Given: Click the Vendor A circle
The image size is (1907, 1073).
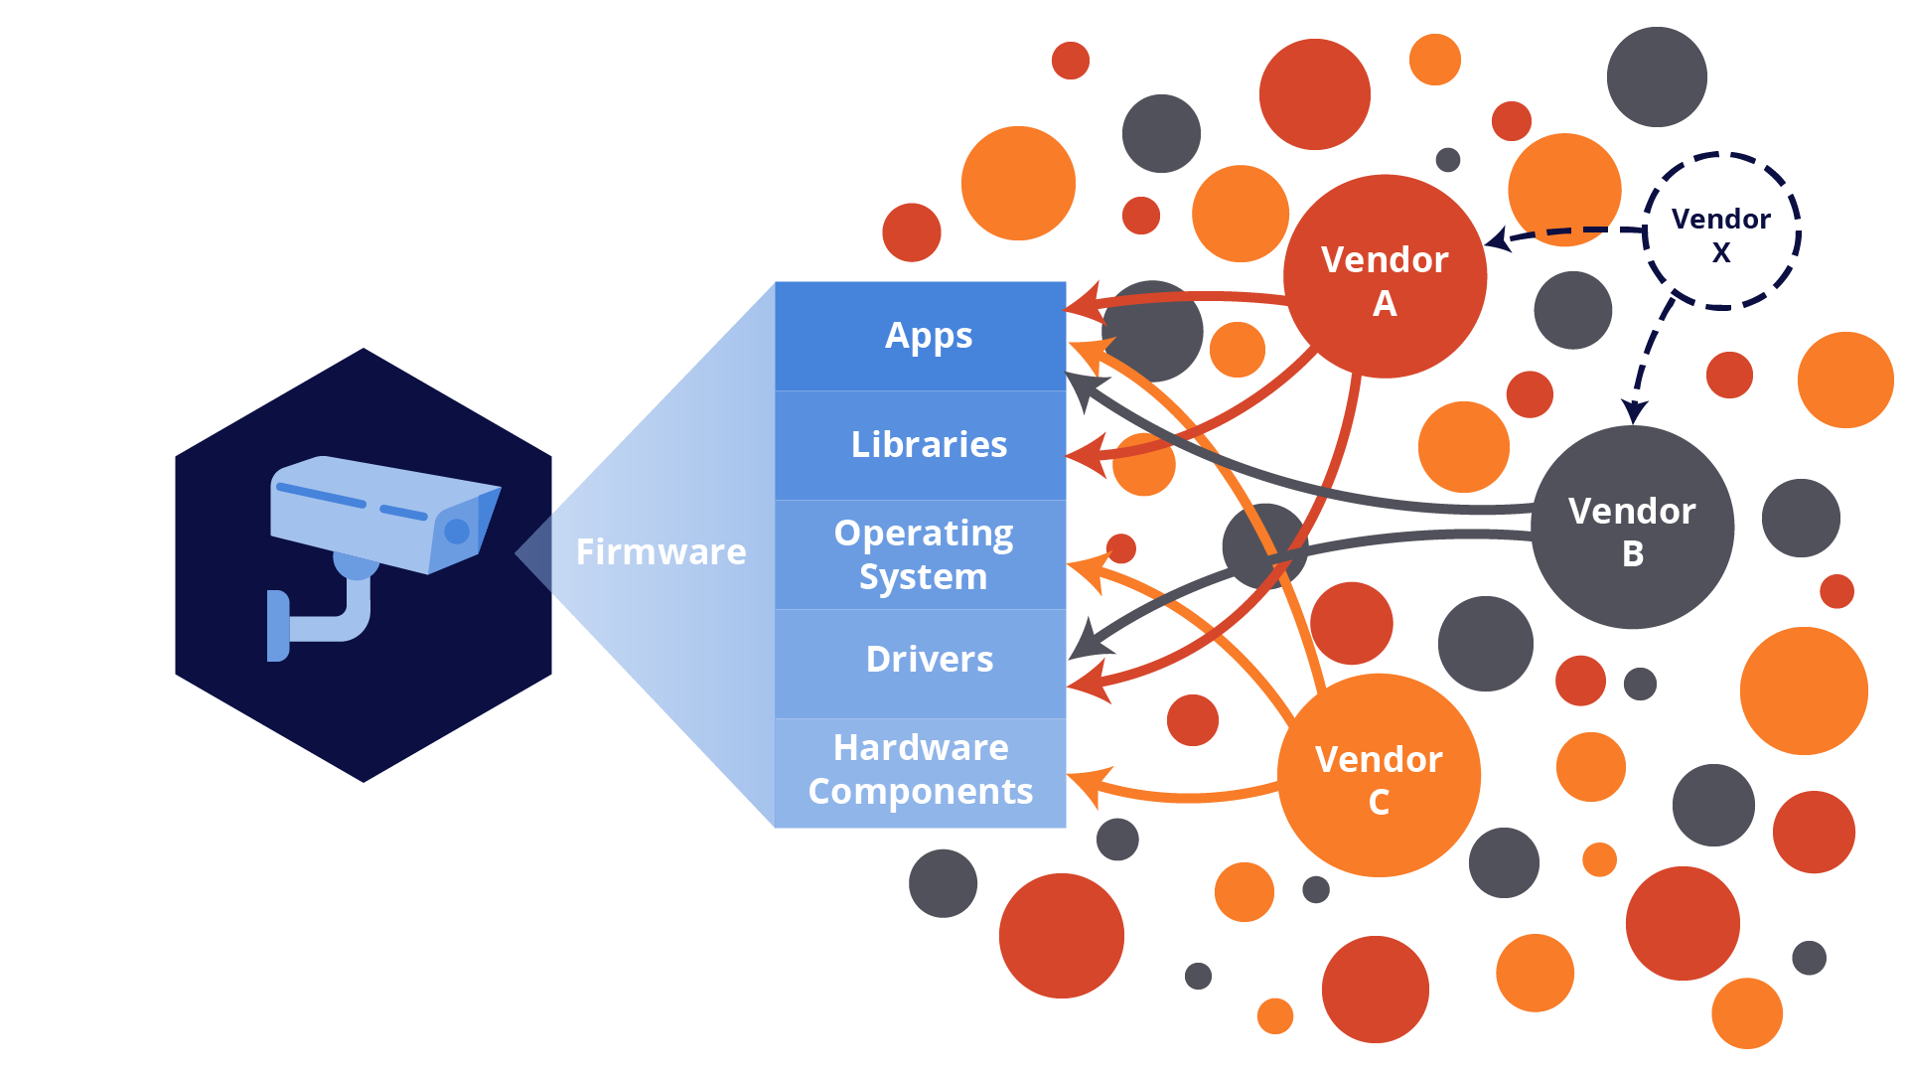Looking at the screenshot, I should point(1385,277).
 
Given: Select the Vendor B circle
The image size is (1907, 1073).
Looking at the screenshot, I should point(1632,528).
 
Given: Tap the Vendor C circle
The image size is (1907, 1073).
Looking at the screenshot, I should point(1379,776).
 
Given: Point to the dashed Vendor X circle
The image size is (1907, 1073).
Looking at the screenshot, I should point(1721,232).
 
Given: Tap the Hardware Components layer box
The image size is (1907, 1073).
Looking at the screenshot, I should point(921,771).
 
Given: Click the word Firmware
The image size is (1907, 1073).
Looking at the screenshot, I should point(660,551).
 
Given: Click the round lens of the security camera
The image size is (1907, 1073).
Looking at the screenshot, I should point(457,532).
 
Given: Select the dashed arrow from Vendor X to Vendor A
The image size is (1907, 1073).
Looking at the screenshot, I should point(1569,233).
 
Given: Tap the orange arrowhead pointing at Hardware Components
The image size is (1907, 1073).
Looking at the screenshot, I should point(1086,785).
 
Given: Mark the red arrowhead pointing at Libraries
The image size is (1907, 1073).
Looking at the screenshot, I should point(1087,456).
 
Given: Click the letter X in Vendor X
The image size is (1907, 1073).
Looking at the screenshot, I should point(1721,253).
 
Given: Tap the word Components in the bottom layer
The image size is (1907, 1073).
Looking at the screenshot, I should point(921,792).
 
